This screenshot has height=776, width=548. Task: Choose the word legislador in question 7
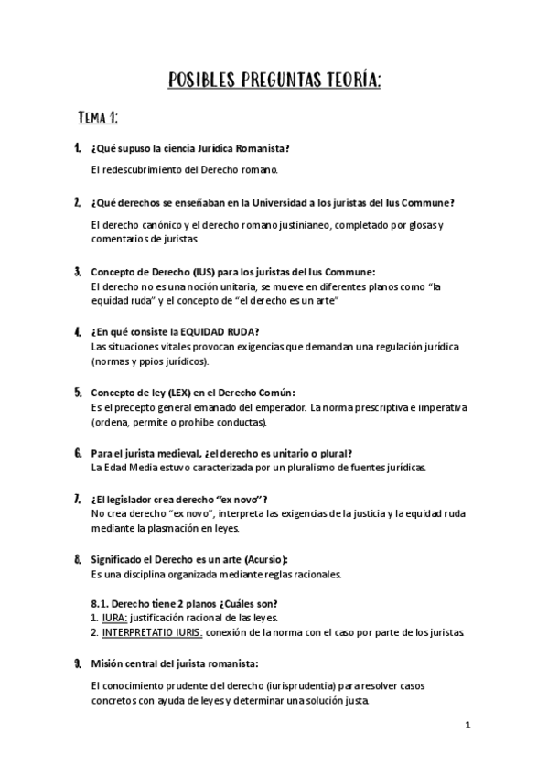point(146,500)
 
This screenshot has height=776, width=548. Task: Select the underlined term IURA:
point(115,618)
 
